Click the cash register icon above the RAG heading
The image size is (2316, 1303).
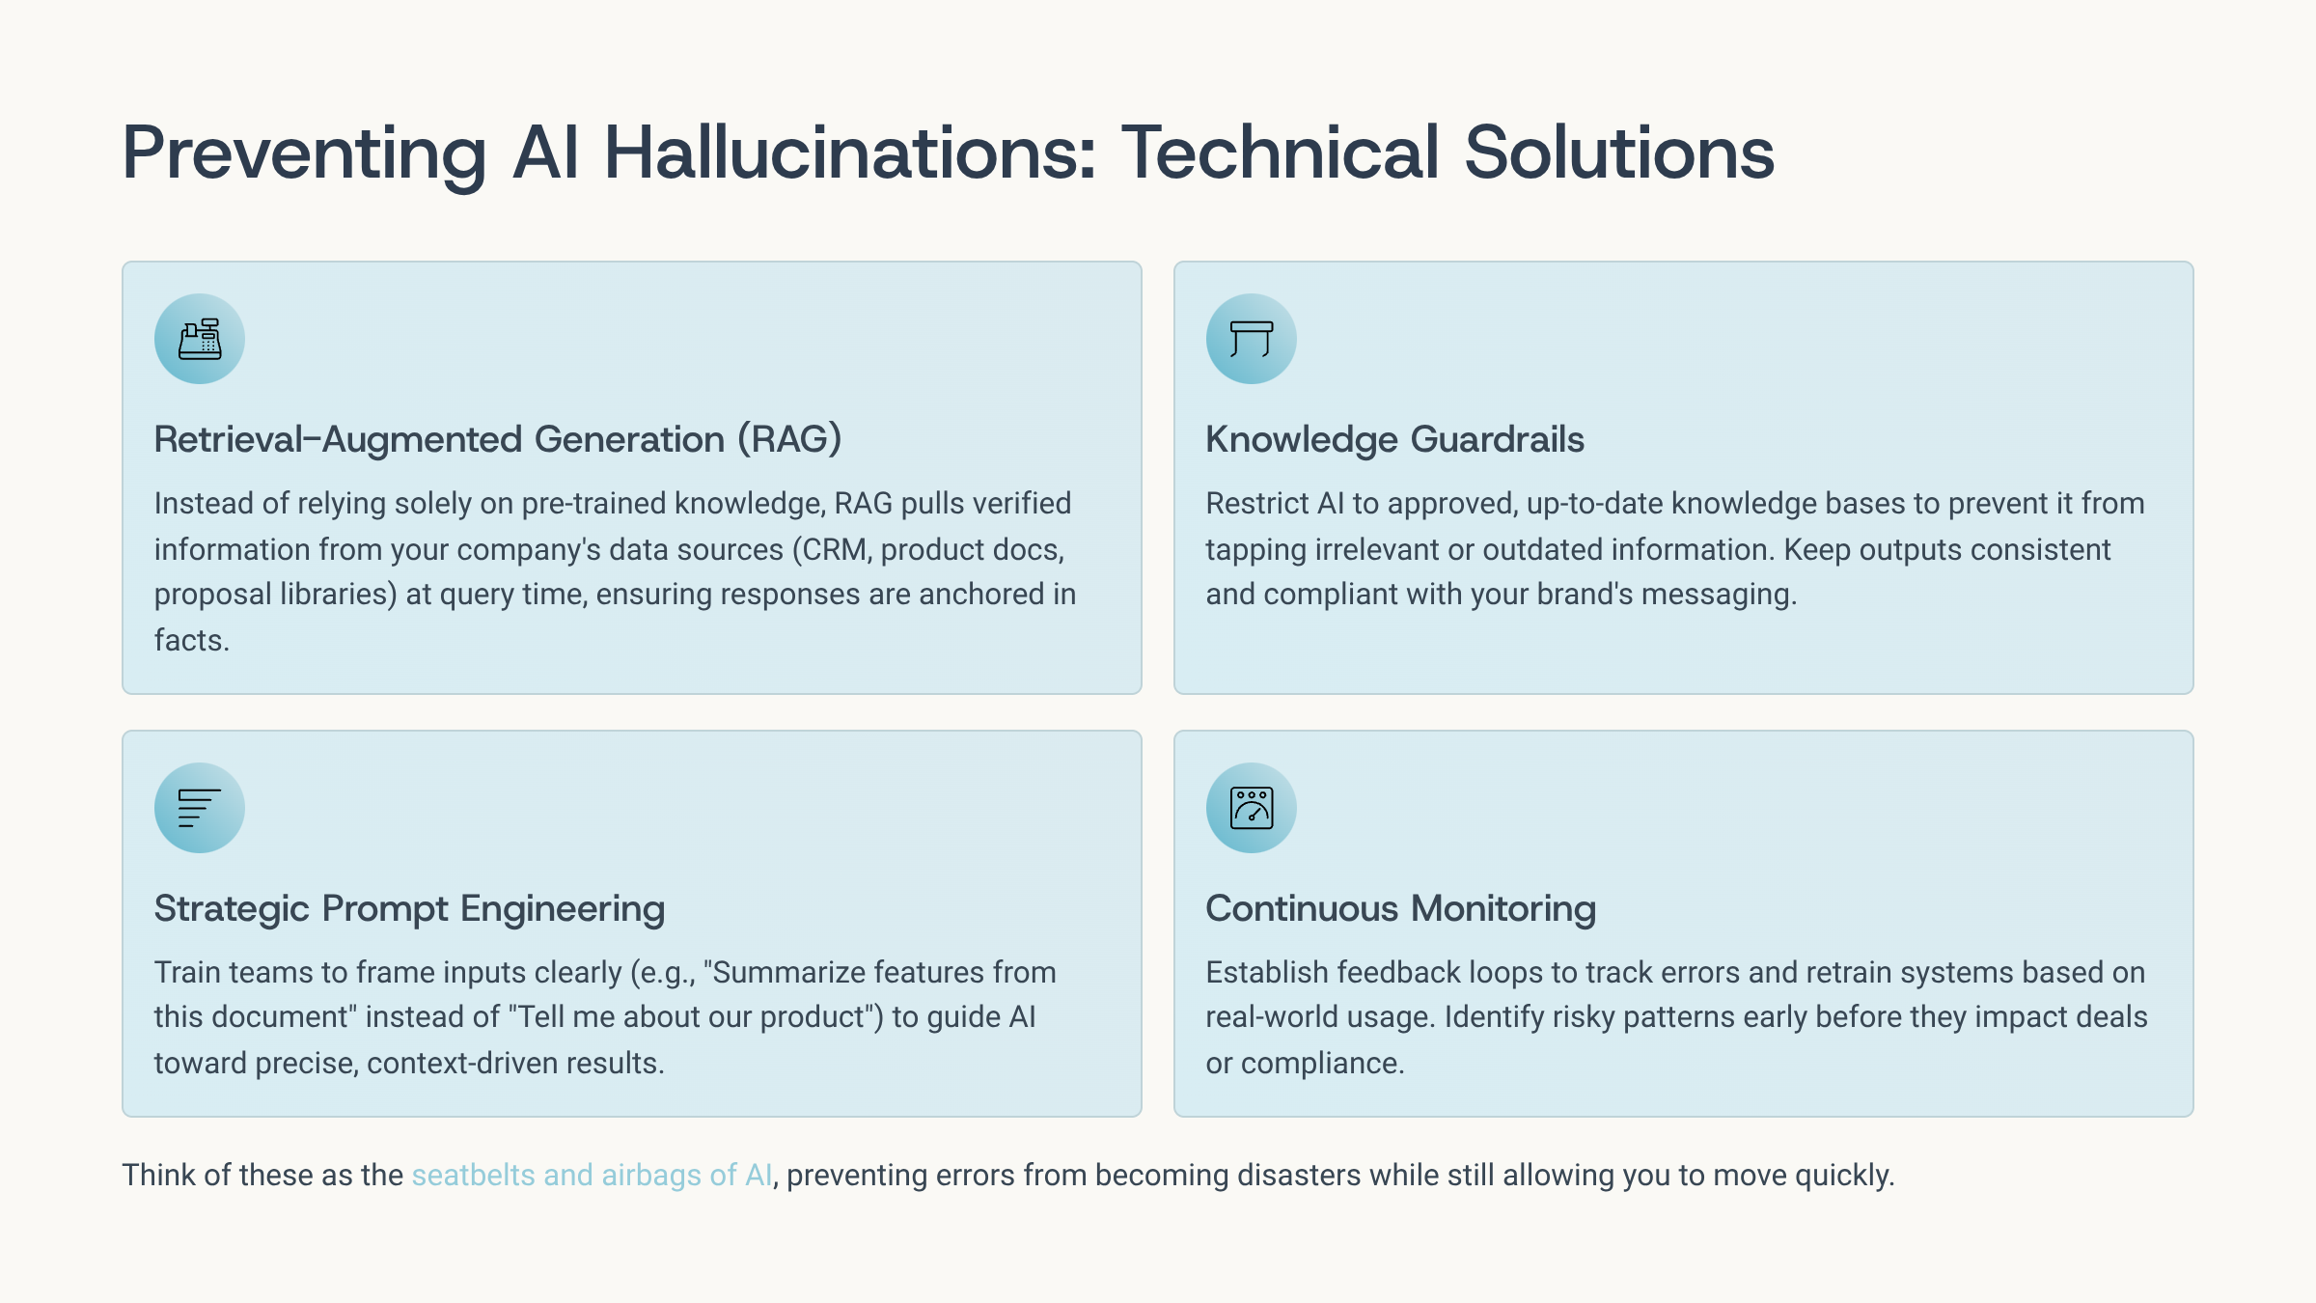coord(200,339)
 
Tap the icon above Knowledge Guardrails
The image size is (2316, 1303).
coord(1252,339)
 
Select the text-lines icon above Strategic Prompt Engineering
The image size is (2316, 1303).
coord(200,808)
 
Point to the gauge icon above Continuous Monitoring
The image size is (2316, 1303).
coord(1252,808)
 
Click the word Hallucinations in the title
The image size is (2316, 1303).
coord(850,152)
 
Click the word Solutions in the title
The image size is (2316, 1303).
coord(1619,152)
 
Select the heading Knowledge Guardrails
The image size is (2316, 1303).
coord(1394,439)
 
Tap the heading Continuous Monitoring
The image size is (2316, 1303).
coord(1400,908)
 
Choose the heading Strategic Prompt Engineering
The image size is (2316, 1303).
coord(409,909)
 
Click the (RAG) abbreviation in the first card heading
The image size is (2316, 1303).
coord(790,439)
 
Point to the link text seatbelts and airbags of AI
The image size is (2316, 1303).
coord(592,1175)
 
